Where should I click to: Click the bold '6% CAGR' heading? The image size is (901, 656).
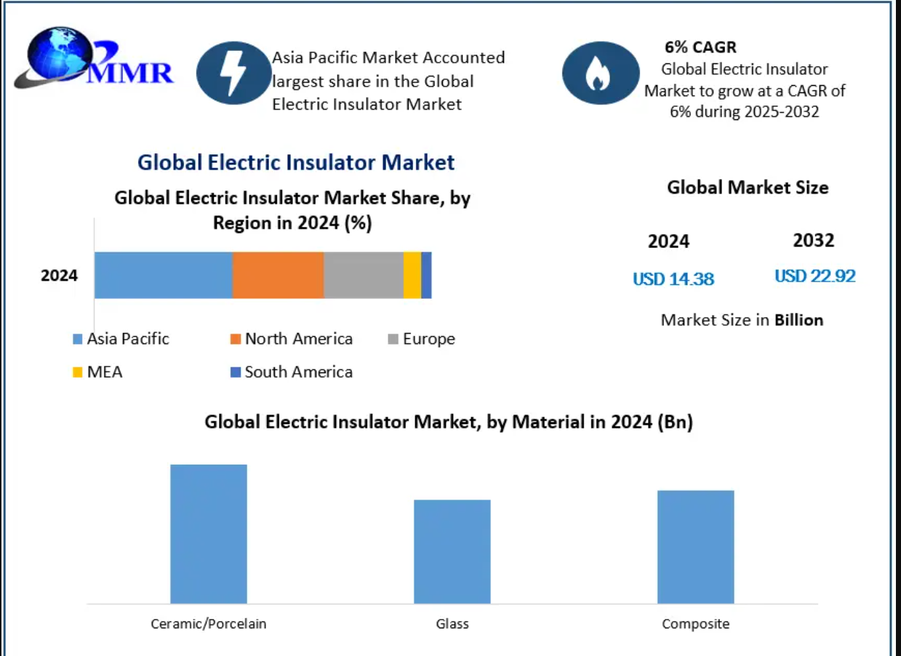700,47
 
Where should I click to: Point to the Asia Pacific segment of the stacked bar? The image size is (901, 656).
163,275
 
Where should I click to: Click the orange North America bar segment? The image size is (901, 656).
278,275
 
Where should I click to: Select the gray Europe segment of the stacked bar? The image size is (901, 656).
363,275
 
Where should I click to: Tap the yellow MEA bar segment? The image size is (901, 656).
412,275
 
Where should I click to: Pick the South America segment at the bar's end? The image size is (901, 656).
426,275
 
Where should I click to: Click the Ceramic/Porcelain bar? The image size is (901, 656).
209,534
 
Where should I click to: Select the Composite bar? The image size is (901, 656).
695,547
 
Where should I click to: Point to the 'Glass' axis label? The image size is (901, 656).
452,624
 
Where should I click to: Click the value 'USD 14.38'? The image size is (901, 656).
673,279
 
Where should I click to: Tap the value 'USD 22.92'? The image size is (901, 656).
814,276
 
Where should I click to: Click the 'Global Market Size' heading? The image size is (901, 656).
748,188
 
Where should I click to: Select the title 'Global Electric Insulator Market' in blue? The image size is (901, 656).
296,162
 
